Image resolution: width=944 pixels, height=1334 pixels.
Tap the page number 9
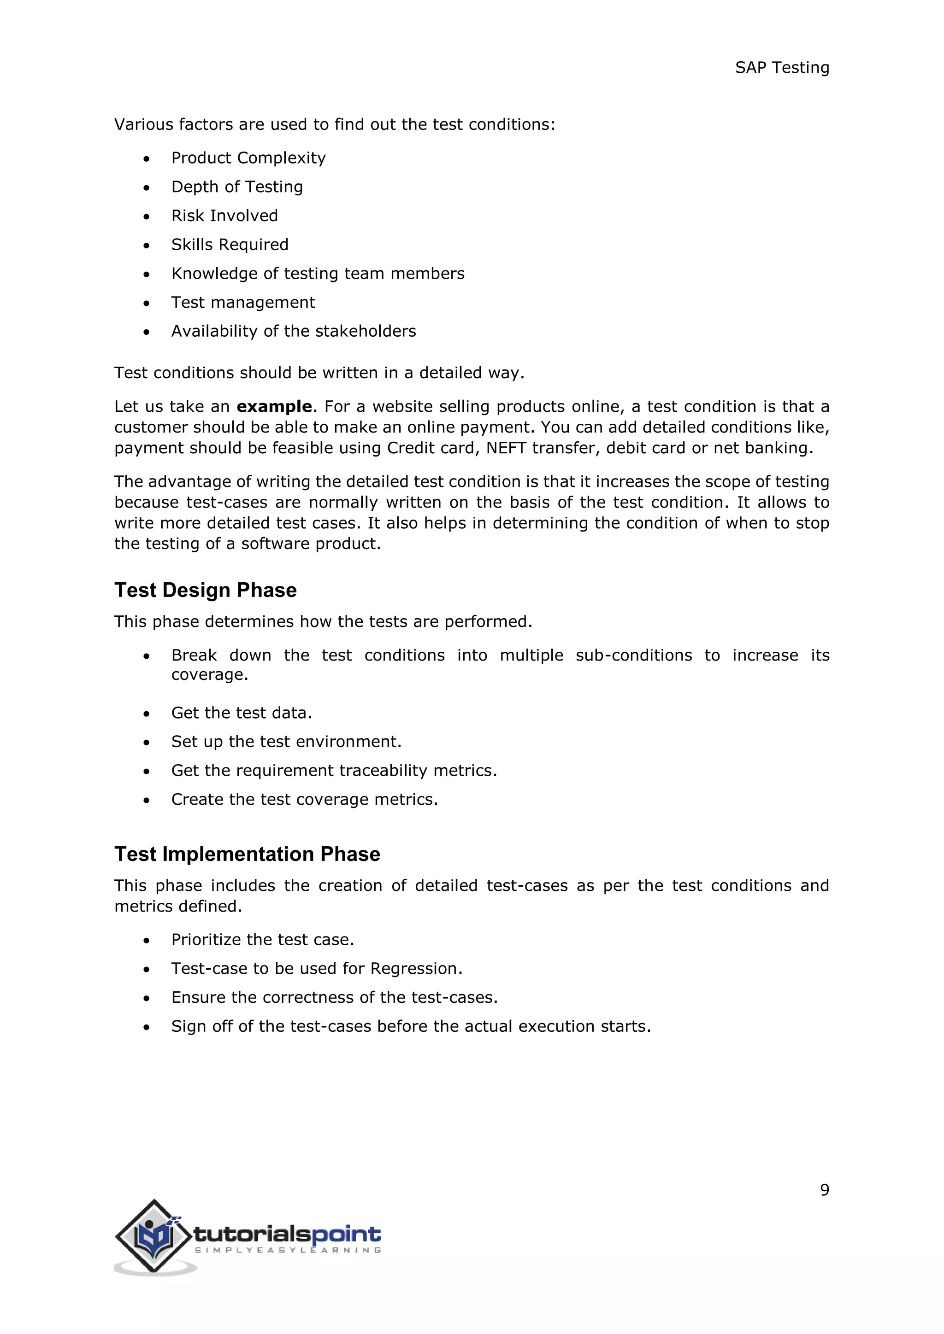pyautogui.click(x=824, y=1190)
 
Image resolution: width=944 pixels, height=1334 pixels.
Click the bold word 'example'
pyautogui.click(x=274, y=406)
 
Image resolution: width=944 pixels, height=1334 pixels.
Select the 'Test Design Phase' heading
pyautogui.click(x=205, y=591)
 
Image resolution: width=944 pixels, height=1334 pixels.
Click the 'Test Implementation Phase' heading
pyautogui.click(x=247, y=854)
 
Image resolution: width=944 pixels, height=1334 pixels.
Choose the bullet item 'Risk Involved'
pyautogui.click(x=224, y=216)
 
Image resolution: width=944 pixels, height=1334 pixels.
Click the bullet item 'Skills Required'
pyautogui.click(x=230, y=245)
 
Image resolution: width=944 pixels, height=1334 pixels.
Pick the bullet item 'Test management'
pyautogui.click(x=243, y=302)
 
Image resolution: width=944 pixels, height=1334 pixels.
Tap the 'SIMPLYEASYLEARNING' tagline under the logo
pyautogui.click(x=288, y=1250)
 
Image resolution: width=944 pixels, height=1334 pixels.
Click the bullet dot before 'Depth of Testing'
pyautogui.click(x=147, y=187)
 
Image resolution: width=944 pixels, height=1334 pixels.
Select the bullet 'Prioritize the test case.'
pyautogui.click(x=262, y=940)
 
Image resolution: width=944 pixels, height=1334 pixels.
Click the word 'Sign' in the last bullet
pyautogui.click(x=189, y=1027)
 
